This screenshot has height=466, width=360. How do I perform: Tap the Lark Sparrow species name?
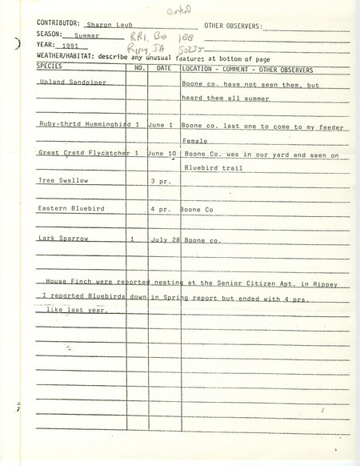coord(60,239)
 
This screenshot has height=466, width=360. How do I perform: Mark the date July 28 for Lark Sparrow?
coord(164,239)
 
